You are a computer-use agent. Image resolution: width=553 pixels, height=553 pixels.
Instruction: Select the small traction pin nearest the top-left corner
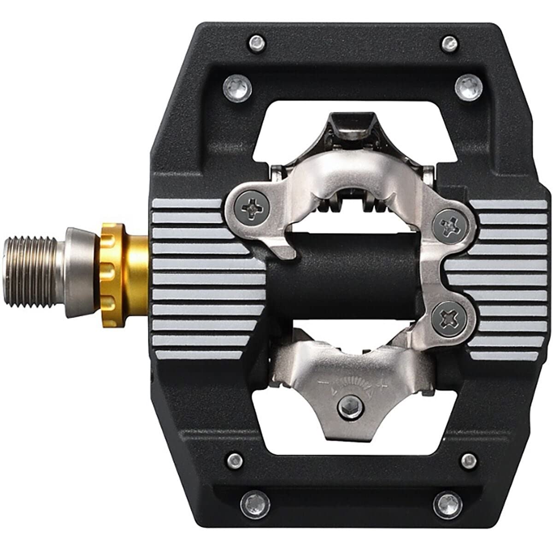[x=256, y=43]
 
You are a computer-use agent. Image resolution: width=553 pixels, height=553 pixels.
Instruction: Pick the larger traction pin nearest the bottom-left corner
[x=253, y=501]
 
